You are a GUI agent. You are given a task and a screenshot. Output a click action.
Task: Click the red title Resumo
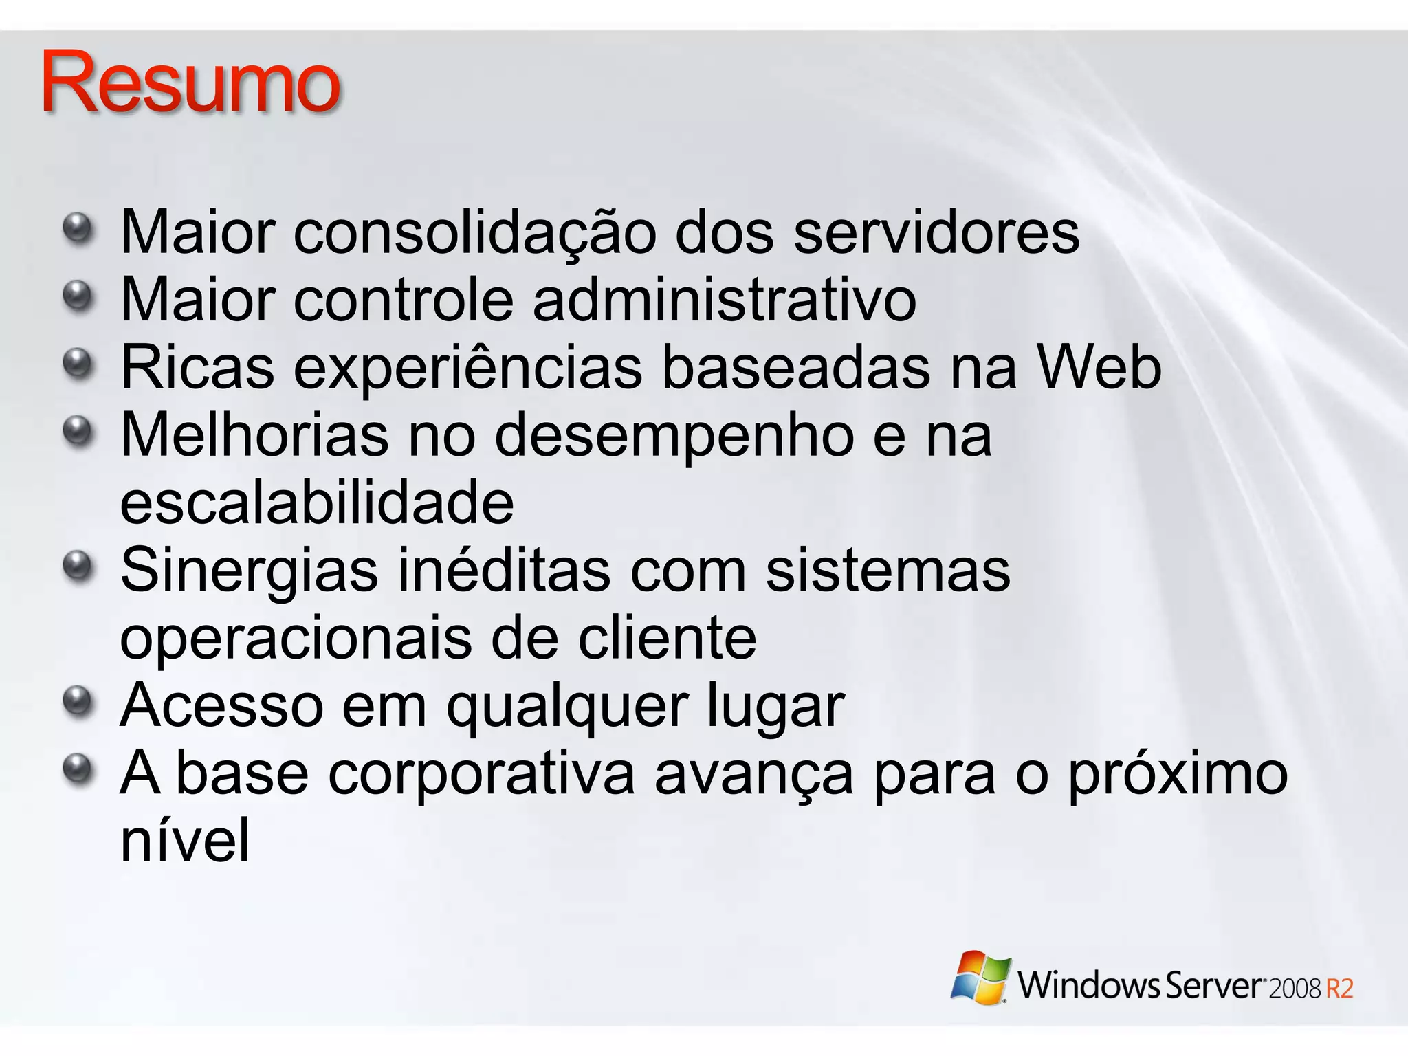pyautogui.click(x=190, y=82)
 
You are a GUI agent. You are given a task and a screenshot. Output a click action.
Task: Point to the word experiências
pyautogui.click(x=470, y=368)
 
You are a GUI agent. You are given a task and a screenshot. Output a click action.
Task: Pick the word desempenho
pyautogui.click(x=674, y=436)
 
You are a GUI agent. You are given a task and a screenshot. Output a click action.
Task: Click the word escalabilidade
pyautogui.click(x=317, y=503)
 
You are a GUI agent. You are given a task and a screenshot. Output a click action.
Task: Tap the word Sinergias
pyautogui.click(x=249, y=571)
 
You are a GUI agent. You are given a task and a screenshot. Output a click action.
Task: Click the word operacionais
pyautogui.click(x=296, y=638)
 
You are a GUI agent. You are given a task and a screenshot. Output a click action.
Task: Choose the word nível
pyautogui.click(x=185, y=840)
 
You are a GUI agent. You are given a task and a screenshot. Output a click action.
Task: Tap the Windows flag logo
pyautogui.click(x=981, y=977)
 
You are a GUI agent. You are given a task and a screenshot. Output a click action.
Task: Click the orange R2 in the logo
pyautogui.click(x=1339, y=989)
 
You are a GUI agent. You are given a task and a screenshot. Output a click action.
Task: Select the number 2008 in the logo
pyautogui.click(x=1295, y=989)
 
